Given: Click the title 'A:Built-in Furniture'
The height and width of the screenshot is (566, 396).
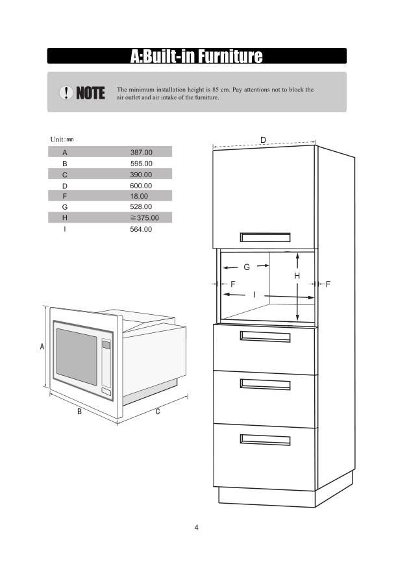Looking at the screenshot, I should [197, 56].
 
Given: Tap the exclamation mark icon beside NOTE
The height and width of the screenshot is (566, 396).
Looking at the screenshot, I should [66, 93].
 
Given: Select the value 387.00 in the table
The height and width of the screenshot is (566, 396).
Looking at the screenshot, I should [141, 152].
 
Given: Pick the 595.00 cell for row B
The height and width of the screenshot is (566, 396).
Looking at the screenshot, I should [141, 164].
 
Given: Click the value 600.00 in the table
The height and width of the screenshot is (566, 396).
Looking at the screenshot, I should [141, 186].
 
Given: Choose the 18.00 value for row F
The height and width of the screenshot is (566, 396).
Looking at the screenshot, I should [139, 196].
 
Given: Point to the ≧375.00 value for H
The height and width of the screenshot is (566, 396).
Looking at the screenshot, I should [143, 218].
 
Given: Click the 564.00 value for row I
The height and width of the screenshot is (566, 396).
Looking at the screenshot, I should [141, 229].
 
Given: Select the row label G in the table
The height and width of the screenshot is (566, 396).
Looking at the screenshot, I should [65, 207].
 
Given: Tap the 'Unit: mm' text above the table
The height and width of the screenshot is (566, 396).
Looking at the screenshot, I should [62, 140].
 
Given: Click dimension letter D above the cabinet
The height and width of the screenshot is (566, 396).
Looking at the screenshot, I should [263, 140].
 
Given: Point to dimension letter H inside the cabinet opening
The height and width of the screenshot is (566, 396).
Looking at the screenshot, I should [297, 276].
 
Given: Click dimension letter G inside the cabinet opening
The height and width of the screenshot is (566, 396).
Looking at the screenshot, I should [247, 267].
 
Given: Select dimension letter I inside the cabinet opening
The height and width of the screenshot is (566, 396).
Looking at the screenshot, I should [254, 295].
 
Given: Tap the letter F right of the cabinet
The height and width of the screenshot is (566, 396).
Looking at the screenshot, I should [328, 284].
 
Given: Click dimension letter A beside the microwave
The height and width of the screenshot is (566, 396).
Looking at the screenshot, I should [42, 348].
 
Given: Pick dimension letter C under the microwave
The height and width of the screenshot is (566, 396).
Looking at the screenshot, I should [158, 412].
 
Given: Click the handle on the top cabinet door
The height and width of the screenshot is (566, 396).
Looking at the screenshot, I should [266, 237].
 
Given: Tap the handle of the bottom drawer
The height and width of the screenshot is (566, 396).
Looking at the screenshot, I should [266, 439].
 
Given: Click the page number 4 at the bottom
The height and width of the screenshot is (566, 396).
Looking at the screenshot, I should [196, 527].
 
